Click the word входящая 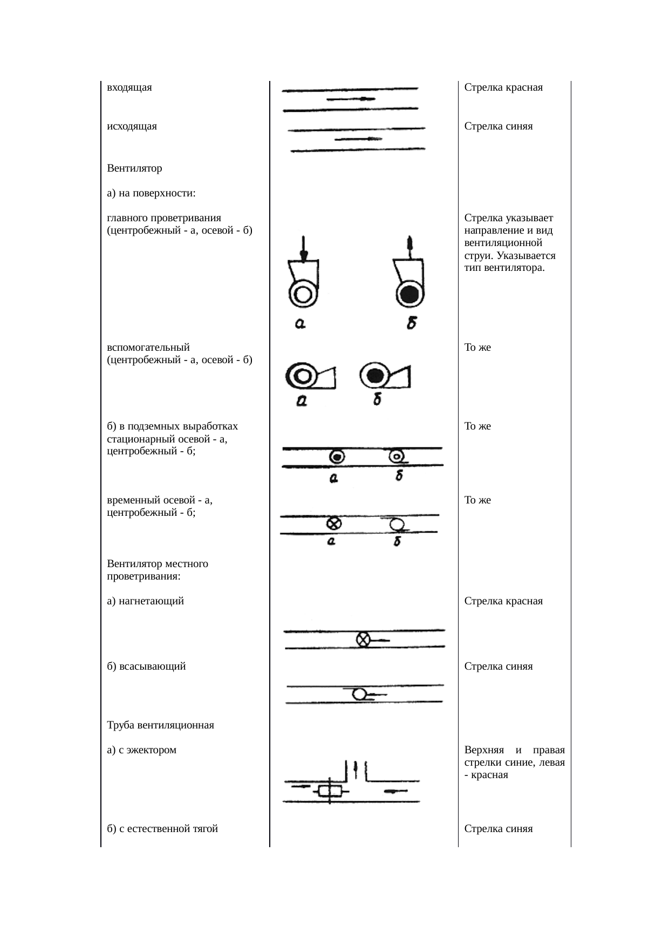click(129, 87)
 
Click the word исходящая click(132, 126)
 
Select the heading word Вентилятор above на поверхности click(134, 168)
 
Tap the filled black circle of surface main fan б click(410, 295)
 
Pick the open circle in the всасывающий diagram click(359, 694)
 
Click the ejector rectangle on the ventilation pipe click(330, 791)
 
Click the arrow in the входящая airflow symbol click(351, 99)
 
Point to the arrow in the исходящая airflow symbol click(358, 139)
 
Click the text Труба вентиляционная click(160, 725)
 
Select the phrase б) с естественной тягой click(162, 828)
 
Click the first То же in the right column click(477, 348)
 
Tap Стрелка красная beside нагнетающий click(503, 601)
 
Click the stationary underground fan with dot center click(337, 457)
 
